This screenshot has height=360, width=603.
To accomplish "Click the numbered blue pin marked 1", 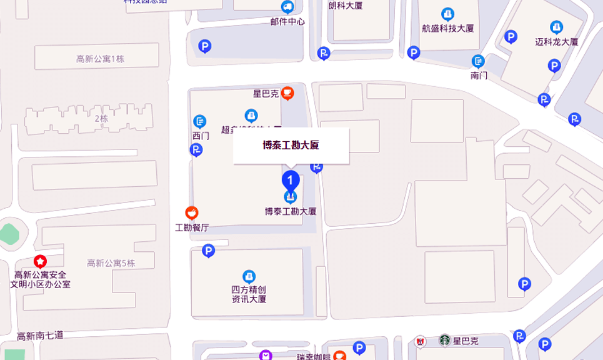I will pyautogui.click(x=291, y=180).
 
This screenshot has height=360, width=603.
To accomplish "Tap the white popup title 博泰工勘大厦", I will pyautogui.click(x=291, y=146).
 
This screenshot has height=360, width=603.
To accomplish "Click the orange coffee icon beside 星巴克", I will pyautogui.click(x=287, y=94).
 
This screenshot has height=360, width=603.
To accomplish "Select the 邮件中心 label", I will pyautogui.click(x=287, y=21).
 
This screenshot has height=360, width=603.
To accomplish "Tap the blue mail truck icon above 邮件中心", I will pyautogui.click(x=287, y=7).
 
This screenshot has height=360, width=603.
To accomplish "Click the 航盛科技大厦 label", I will pyautogui.click(x=447, y=28).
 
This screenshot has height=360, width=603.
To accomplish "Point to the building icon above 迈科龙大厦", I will pyautogui.click(x=556, y=27).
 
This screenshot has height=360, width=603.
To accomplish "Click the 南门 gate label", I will pyautogui.click(x=479, y=75).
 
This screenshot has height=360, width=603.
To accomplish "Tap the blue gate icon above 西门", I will pyautogui.click(x=200, y=121).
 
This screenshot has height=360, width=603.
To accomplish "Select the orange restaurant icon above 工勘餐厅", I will pyautogui.click(x=192, y=213).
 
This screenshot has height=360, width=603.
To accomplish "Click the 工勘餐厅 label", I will pyautogui.click(x=192, y=227).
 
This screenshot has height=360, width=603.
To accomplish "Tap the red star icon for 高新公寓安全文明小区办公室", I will pyautogui.click(x=40, y=261).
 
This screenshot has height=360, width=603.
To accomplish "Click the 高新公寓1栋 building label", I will pyautogui.click(x=100, y=59).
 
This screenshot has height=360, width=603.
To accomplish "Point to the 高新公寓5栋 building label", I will pyautogui.click(x=111, y=263).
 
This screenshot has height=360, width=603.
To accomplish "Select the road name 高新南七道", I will pyautogui.click(x=40, y=336).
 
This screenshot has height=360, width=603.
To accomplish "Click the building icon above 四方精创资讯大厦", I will pyautogui.click(x=249, y=276).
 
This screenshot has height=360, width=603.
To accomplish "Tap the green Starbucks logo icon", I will pyautogui.click(x=444, y=341).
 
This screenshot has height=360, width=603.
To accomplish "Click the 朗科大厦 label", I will pyautogui.click(x=345, y=6).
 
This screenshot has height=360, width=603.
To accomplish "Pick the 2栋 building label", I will pyautogui.click(x=101, y=118).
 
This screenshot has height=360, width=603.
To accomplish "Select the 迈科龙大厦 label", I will pyautogui.click(x=556, y=42).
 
